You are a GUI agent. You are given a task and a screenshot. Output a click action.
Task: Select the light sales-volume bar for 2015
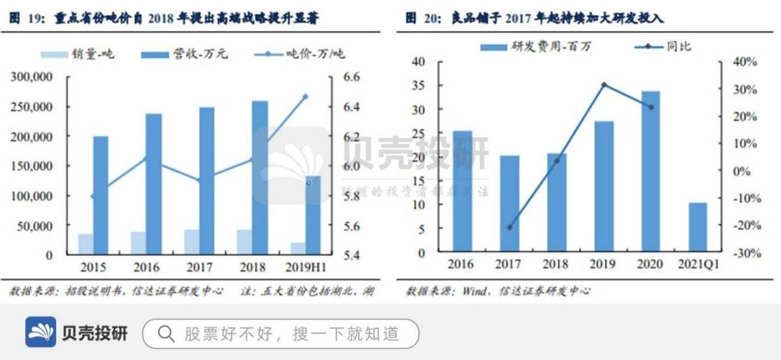point(85,243)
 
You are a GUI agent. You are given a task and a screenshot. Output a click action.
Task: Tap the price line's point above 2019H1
point(305,96)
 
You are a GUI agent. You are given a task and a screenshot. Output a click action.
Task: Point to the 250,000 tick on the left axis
point(33,107)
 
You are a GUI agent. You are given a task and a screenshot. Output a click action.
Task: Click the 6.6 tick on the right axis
point(351,77)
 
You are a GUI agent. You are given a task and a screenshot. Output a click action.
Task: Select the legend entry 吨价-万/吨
point(306,54)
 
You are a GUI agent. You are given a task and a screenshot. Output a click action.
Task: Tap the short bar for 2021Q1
point(697,227)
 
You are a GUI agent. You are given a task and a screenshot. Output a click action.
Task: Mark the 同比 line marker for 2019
point(604,85)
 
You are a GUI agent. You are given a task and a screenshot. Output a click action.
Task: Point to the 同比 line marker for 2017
point(510,227)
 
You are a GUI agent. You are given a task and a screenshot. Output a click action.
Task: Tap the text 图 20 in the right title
point(420,18)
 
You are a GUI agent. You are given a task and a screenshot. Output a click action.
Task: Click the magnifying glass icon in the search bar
point(166,334)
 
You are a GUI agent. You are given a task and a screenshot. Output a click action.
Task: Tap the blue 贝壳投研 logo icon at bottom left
point(40,333)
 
